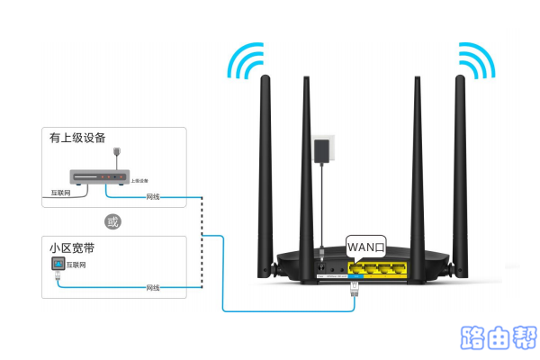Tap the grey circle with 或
point(112,220)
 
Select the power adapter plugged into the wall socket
point(320,152)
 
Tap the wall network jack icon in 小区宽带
point(58,265)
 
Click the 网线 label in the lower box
point(153,288)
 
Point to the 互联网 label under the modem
point(53,193)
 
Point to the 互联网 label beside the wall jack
point(78,266)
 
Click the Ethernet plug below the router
point(354,288)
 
